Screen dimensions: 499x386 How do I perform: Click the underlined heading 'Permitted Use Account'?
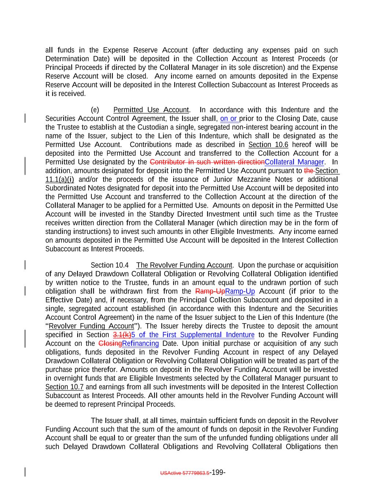pyautogui.click(x=151, y=110)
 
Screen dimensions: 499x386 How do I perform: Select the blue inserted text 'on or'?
pyautogui.click(x=229, y=119)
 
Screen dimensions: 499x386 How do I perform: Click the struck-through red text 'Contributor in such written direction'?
pyautogui.click(x=207, y=162)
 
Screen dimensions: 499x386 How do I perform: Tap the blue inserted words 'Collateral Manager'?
pyautogui.click(x=294, y=162)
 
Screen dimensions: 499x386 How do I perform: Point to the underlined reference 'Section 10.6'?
pyautogui.click(x=268, y=145)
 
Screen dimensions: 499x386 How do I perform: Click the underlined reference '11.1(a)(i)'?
pyautogui.click(x=60, y=179)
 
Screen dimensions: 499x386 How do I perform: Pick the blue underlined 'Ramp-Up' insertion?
pyautogui.click(x=240, y=291)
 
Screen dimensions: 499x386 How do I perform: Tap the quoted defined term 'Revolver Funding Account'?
pyautogui.click(x=91, y=326)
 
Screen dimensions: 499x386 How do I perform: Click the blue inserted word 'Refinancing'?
pyautogui.click(x=140, y=344)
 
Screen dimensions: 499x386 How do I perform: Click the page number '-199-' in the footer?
pyautogui.click(x=217, y=472)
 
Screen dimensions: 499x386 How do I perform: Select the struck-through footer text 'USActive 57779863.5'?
pyautogui.click(x=185, y=473)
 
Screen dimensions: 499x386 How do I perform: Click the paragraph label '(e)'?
pyautogui.click(x=95, y=110)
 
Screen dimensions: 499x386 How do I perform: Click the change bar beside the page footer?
pyautogui.click(x=25, y=472)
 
